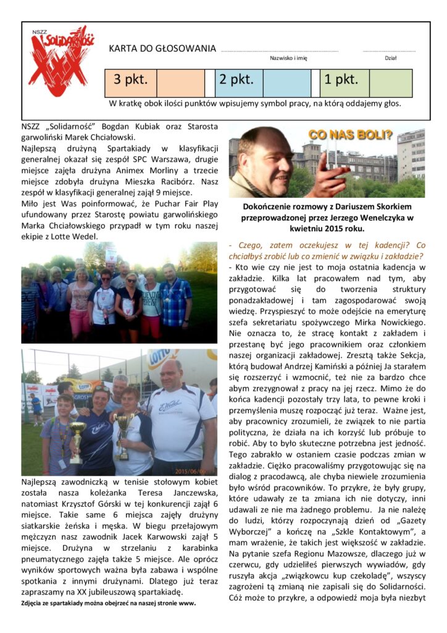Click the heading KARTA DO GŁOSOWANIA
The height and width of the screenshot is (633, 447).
click(x=162, y=48)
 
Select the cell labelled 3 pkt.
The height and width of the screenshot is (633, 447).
click(x=130, y=80)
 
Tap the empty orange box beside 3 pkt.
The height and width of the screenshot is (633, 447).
click(x=180, y=83)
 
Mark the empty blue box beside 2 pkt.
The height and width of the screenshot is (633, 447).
click(x=286, y=83)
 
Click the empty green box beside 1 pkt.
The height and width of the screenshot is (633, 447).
click(x=390, y=83)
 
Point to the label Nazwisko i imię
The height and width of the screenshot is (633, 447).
click(x=288, y=59)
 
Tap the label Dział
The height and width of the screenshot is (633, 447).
click(x=390, y=59)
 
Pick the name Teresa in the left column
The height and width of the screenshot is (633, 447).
click(x=146, y=493)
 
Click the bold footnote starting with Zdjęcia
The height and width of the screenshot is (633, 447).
click(x=108, y=603)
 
